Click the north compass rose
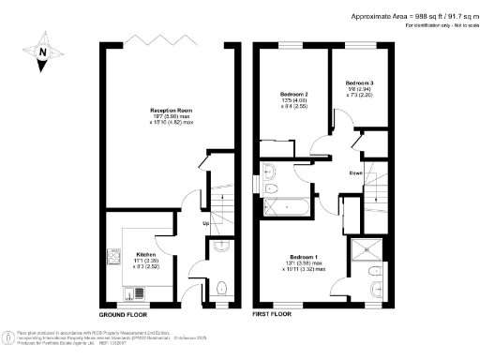click(x=43, y=54)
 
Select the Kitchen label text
click(x=145, y=253)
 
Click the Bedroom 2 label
click(x=294, y=95)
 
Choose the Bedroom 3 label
click(x=359, y=83)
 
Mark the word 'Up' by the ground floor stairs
click(x=205, y=223)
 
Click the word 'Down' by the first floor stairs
click(x=356, y=172)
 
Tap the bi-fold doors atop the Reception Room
click(x=166, y=39)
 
